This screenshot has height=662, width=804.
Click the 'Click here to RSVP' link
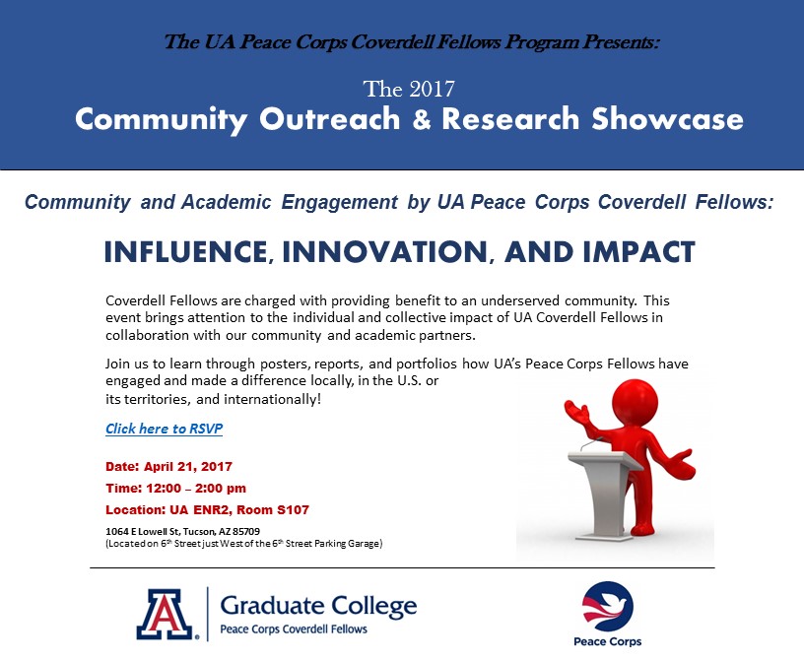pyautogui.click(x=165, y=429)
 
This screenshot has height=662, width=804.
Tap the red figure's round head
pyautogui.click(x=635, y=401)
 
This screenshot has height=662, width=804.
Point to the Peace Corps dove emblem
pyautogui.click(x=608, y=606)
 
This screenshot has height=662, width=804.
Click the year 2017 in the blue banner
pyautogui.click(x=432, y=90)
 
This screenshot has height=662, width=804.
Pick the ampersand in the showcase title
pyautogui.click(x=421, y=119)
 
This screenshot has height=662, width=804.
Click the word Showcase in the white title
pyautogui.click(x=668, y=119)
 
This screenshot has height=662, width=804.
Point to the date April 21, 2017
pyautogui.click(x=188, y=467)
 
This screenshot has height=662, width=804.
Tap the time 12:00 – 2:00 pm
pyautogui.click(x=196, y=489)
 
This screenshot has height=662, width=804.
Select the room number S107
pyautogui.click(x=293, y=509)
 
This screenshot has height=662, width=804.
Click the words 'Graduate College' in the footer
pyautogui.click(x=318, y=607)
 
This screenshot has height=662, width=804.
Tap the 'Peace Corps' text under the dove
pyautogui.click(x=608, y=641)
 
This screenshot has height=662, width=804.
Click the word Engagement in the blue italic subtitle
pyautogui.click(x=340, y=202)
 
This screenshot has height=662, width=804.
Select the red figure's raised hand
pyautogui.click(x=576, y=410)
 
